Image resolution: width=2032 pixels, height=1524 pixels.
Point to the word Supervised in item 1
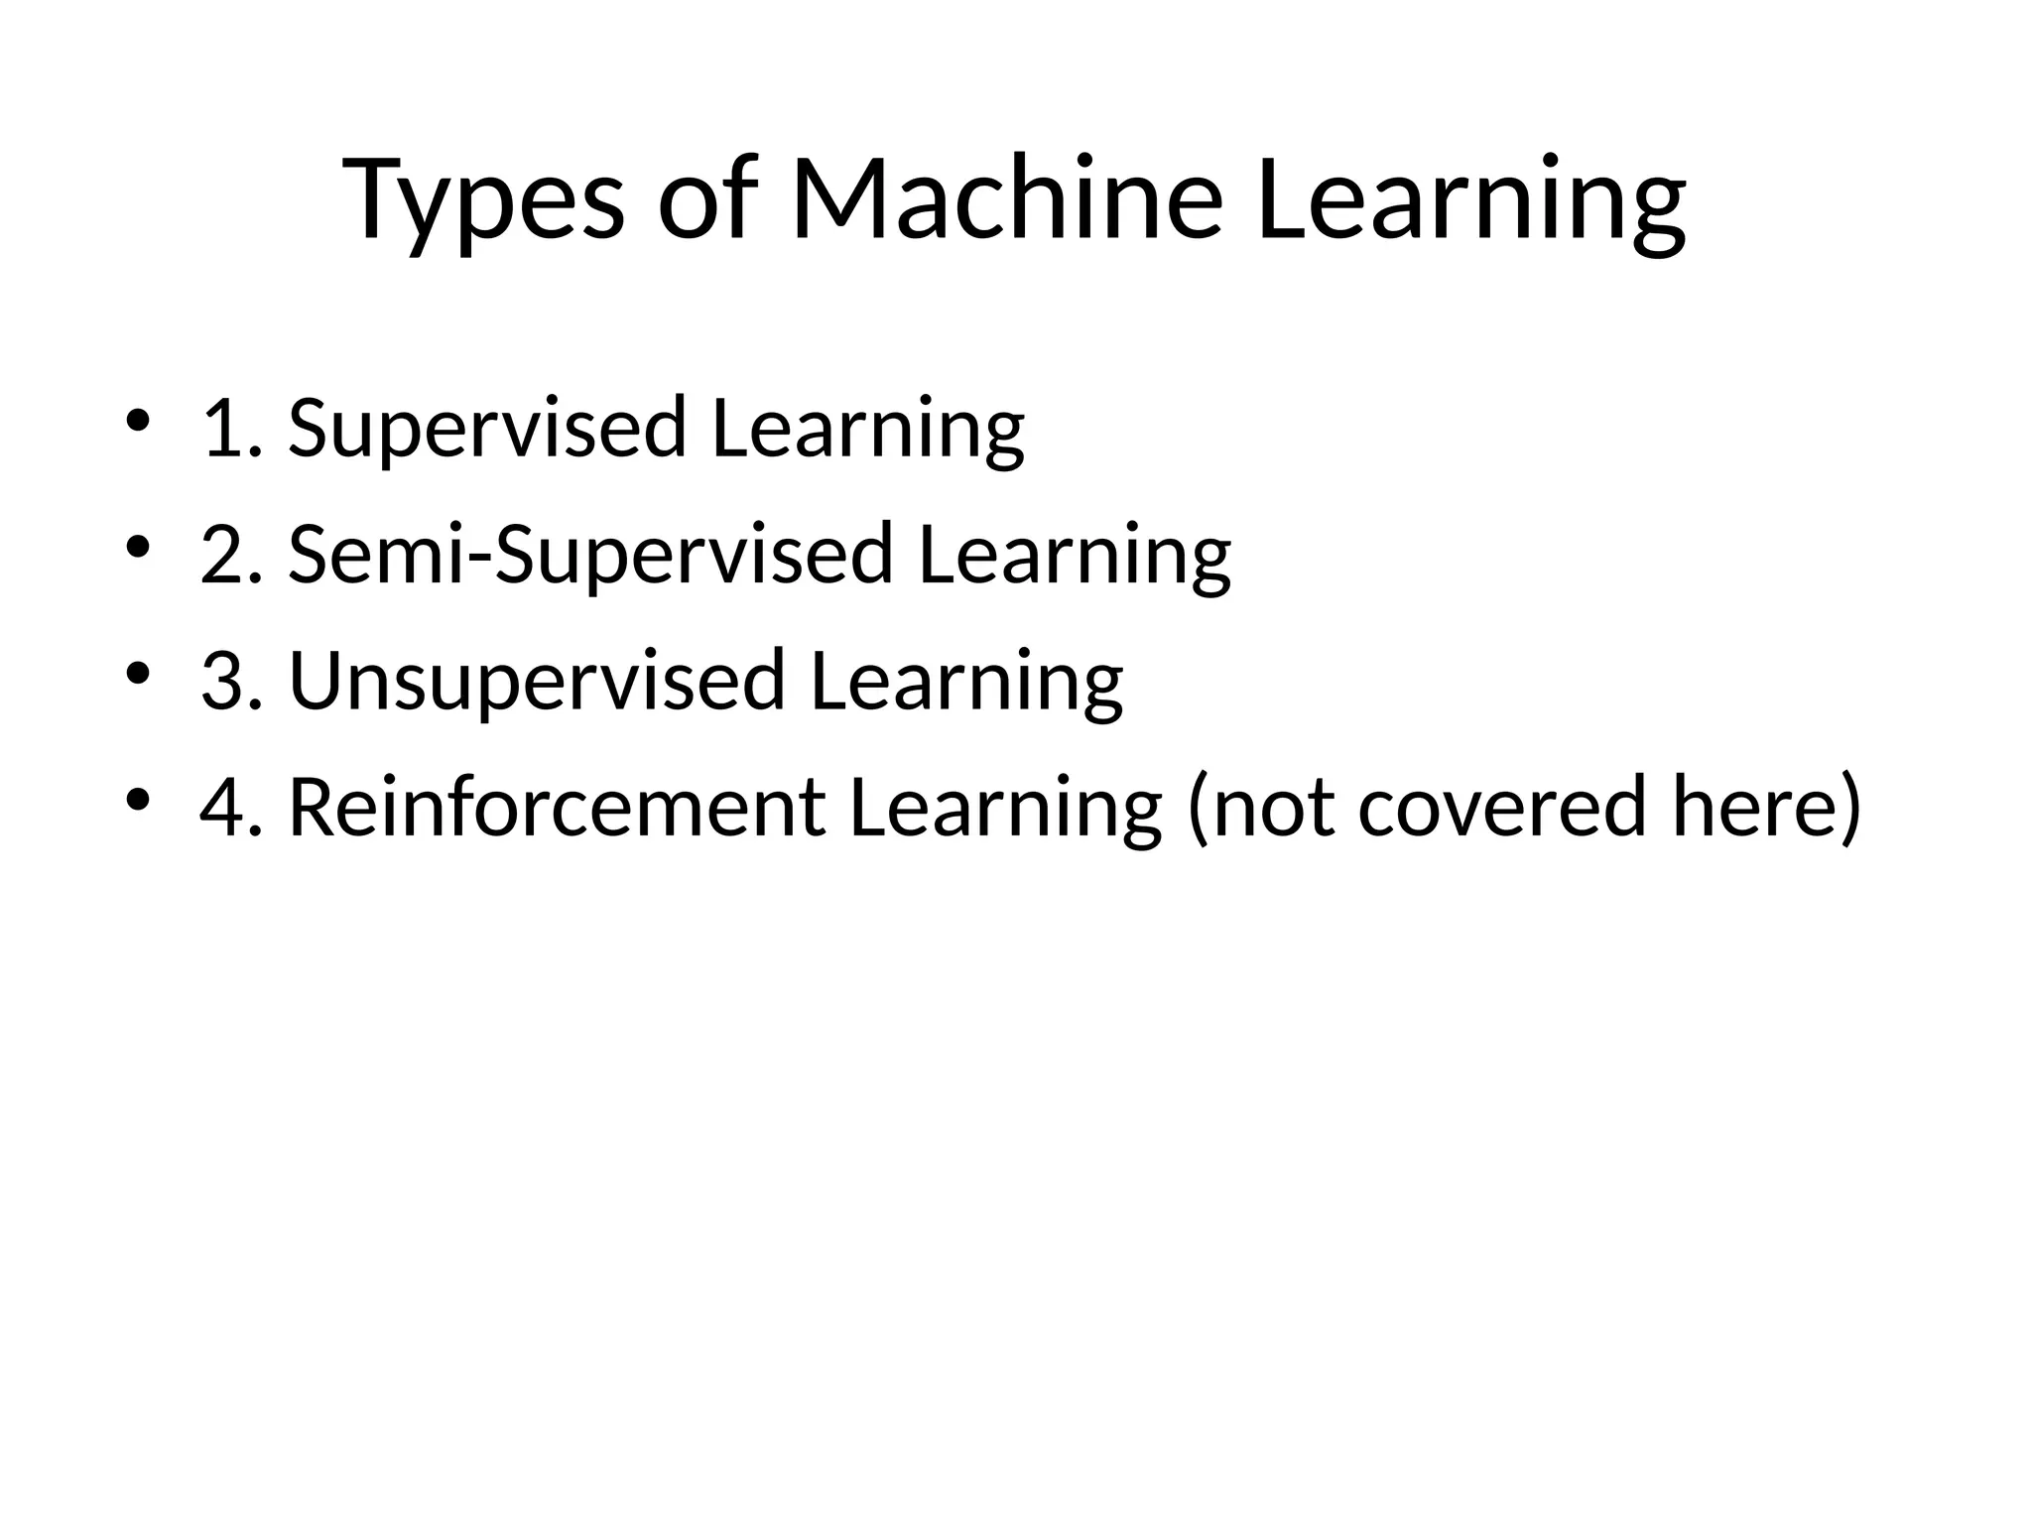pyautogui.click(x=487, y=428)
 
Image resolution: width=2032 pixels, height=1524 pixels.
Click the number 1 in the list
pyautogui.click(x=223, y=428)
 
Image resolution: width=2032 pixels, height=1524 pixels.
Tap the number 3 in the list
pyautogui.click(x=224, y=681)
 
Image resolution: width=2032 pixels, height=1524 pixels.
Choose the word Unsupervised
pyautogui.click(x=537, y=681)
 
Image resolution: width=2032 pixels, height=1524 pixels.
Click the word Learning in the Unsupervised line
pyautogui.click(x=966, y=683)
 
